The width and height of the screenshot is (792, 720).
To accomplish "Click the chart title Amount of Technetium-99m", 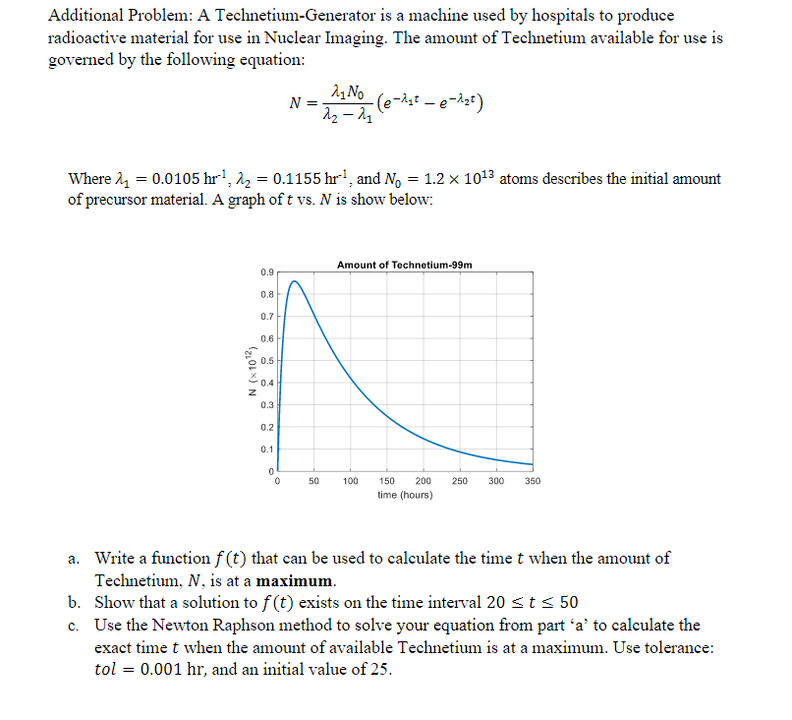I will [x=404, y=265].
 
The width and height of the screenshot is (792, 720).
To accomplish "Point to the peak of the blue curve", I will [x=293, y=280].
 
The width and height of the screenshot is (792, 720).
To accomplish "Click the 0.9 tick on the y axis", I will [x=267, y=271].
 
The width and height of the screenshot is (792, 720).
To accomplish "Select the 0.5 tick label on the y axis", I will [x=267, y=359].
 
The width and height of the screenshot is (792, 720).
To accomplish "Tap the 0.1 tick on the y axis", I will [x=267, y=449].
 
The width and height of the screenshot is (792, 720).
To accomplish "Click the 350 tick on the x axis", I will [x=533, y=481].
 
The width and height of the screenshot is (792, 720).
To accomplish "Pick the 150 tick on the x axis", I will [x=387, y=481].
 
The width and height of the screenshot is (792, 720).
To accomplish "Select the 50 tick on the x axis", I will [x=314, y=481].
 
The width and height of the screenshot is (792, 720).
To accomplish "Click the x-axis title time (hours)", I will [x=404, y=495].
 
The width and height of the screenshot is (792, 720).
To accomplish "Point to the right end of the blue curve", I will [x=533, y=464].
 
